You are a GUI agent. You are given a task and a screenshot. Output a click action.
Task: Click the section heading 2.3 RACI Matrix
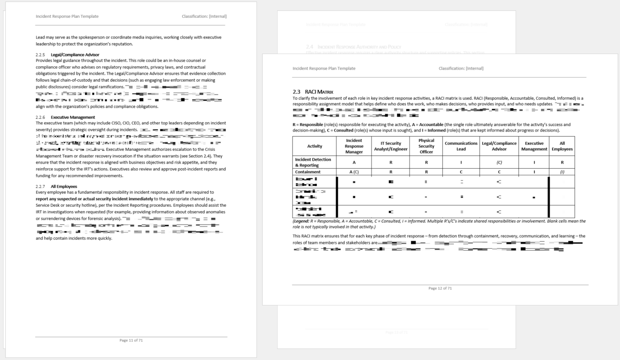(313, 91)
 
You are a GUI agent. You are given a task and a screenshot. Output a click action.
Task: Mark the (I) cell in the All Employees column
(562, 172)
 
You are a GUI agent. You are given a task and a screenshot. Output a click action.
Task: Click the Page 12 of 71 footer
(440, 288)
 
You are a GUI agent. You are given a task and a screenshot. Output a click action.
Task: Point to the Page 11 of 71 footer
(131, 340)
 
